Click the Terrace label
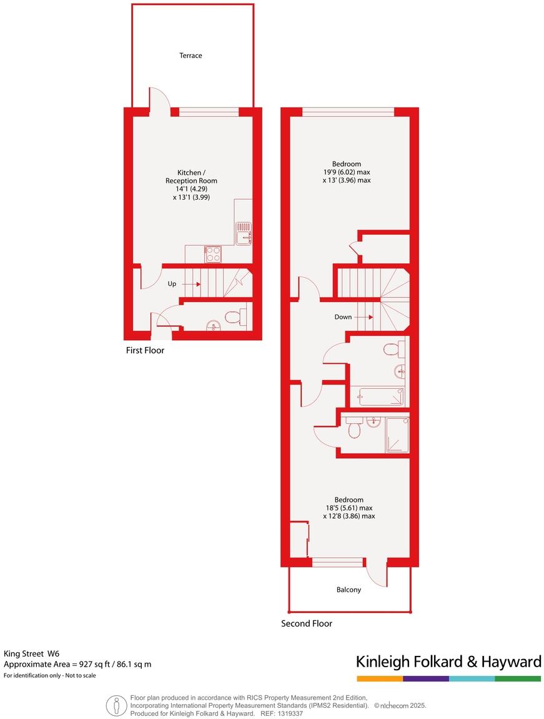[x=190, y=56]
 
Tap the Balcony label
[x=349, y=589]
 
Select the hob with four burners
[x=213, y=253]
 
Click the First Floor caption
[x=145, y=351]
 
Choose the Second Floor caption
[x=306, y=624]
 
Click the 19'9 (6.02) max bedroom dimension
[x=347, y=172]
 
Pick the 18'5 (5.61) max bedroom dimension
[x=349, y=508]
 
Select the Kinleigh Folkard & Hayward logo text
[x=448, y=662]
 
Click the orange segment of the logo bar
[x=380, y=678]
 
